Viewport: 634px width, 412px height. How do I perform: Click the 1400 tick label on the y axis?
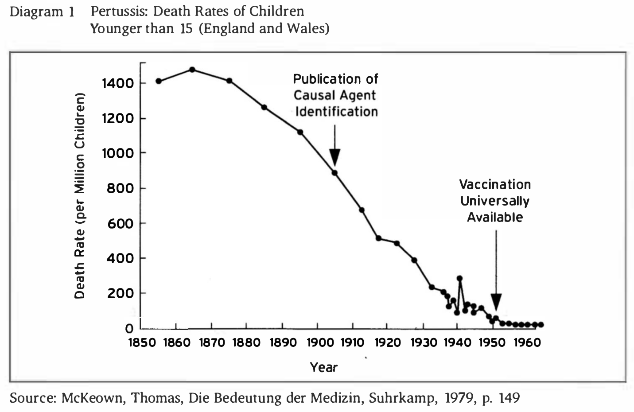tap(117, 83)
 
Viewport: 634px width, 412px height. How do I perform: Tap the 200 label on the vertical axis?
tap(121, 293)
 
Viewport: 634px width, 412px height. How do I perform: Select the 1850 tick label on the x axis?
tap(141, 342)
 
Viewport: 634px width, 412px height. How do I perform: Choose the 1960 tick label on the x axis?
tap(527, 342)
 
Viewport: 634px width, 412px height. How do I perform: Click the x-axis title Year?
tap(324, 367)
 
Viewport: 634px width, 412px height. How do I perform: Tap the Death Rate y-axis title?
tap(79, 196)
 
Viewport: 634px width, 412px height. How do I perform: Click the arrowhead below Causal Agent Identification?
tap(335, 157)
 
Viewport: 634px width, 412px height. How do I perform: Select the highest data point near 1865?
tap(192, 70)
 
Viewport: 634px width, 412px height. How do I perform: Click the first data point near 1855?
tap(159, 81)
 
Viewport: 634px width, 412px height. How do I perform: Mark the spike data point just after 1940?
tap(460, 278)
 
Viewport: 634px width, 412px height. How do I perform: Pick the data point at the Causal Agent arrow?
tap(335, 173)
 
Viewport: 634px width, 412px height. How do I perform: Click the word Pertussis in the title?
tap(115, 11)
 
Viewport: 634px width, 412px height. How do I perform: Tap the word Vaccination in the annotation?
tap(495, 185)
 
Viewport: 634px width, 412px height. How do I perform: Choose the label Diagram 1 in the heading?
tap(42, 12)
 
